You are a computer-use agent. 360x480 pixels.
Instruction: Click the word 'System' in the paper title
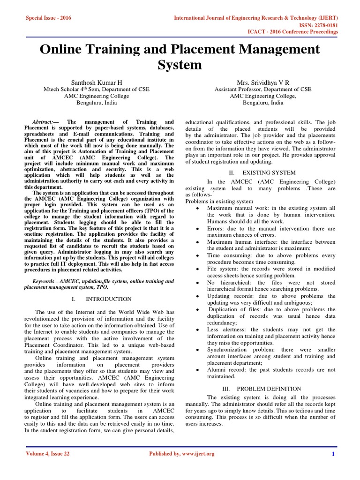[x=180, y=64]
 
